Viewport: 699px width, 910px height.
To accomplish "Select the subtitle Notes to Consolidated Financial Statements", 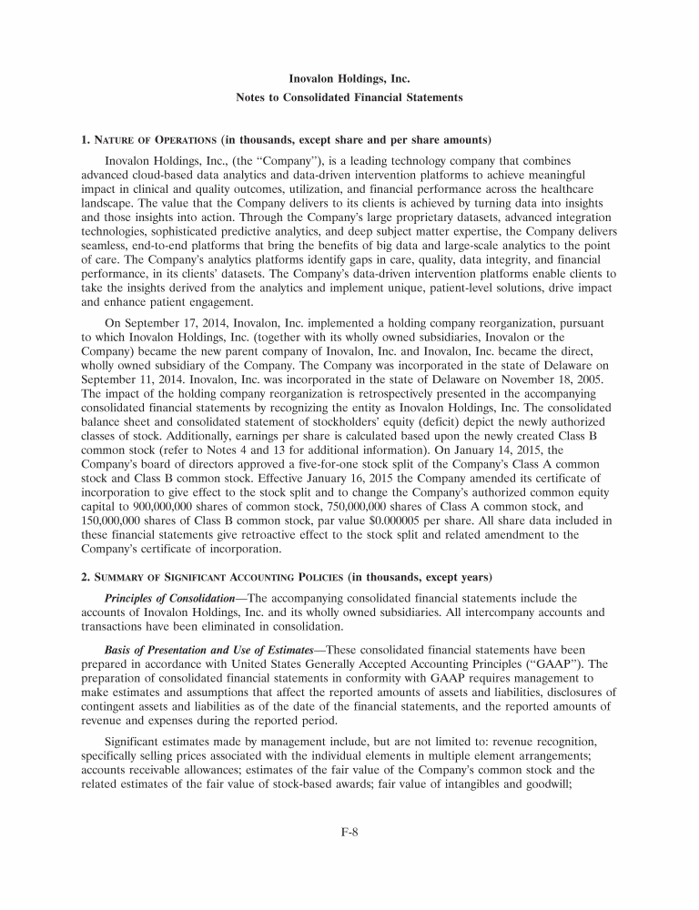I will click(x=349, y=96).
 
